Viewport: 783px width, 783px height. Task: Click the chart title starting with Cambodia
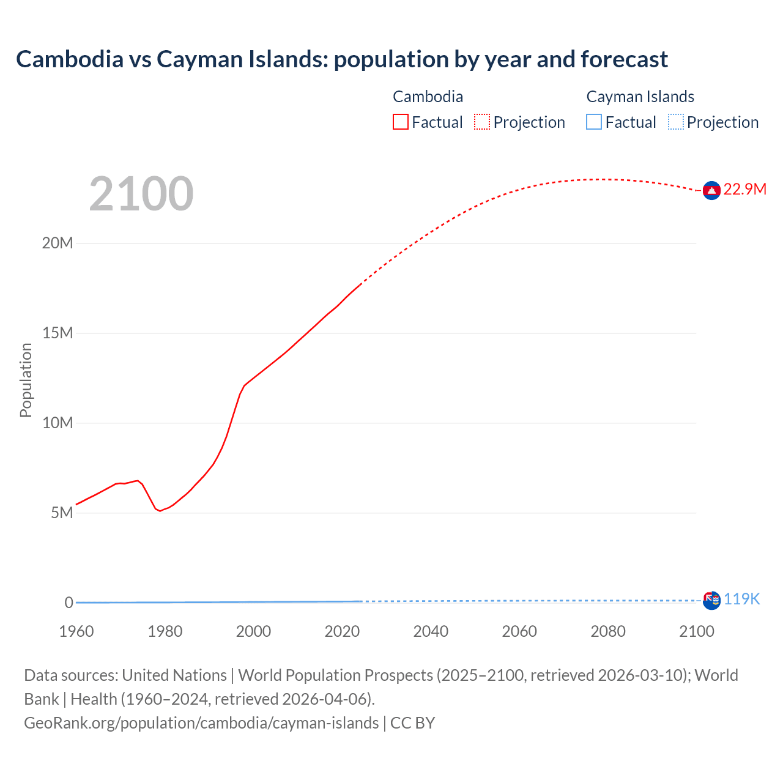pyautogui.click(x=341, y=59)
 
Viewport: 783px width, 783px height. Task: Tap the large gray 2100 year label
pyautogui.click(x=141, y=194)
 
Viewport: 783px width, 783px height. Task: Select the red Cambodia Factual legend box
pyautogui.click(x=400, y=122)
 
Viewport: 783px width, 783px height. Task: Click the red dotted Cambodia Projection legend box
pyautogui.click(x=482, y=122)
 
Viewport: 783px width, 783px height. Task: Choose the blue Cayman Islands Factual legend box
pyautogui.click(x=594, y=122)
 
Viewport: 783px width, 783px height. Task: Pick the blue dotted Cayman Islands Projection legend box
pyautogui.click(x=675, y=122)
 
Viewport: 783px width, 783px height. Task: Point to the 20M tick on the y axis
pyautogui.click(x=58, y=243)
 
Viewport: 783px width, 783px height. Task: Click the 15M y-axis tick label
pyautogui.click(x=58, y=333)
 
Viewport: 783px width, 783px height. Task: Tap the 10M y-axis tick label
pyautogui.click(x=58, y=423)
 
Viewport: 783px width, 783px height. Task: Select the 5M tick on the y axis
pyautogui.click(x=62, y=513)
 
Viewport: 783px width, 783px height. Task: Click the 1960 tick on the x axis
pyautogui.click(x=76, y=631)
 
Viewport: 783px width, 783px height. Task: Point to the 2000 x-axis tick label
pyautogui.click(x=253, y=631)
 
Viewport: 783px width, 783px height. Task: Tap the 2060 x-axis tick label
pyautogui.click(x=519, y=631)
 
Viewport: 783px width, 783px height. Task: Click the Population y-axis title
pyautogui.click(x=26, y=380)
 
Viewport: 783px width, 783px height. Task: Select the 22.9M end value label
pyautogui.click(x=744, y=190)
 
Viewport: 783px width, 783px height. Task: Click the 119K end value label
pyautogui.click(x=741, y=599)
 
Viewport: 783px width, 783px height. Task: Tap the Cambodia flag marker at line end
pyautogui.click(x=711, y=191)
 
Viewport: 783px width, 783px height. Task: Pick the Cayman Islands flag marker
pyautogui.click(x=711, y=600)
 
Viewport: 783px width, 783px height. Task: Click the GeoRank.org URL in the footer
pyautogui.click(x=201, y=723)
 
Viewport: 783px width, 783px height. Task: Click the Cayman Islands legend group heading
pyautogui.click(x=640, y=97)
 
